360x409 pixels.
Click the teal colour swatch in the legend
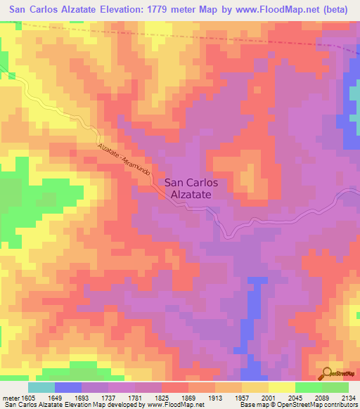41,387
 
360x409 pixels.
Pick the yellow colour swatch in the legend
281,387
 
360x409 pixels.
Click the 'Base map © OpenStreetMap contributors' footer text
297,405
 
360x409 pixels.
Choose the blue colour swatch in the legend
68,387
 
